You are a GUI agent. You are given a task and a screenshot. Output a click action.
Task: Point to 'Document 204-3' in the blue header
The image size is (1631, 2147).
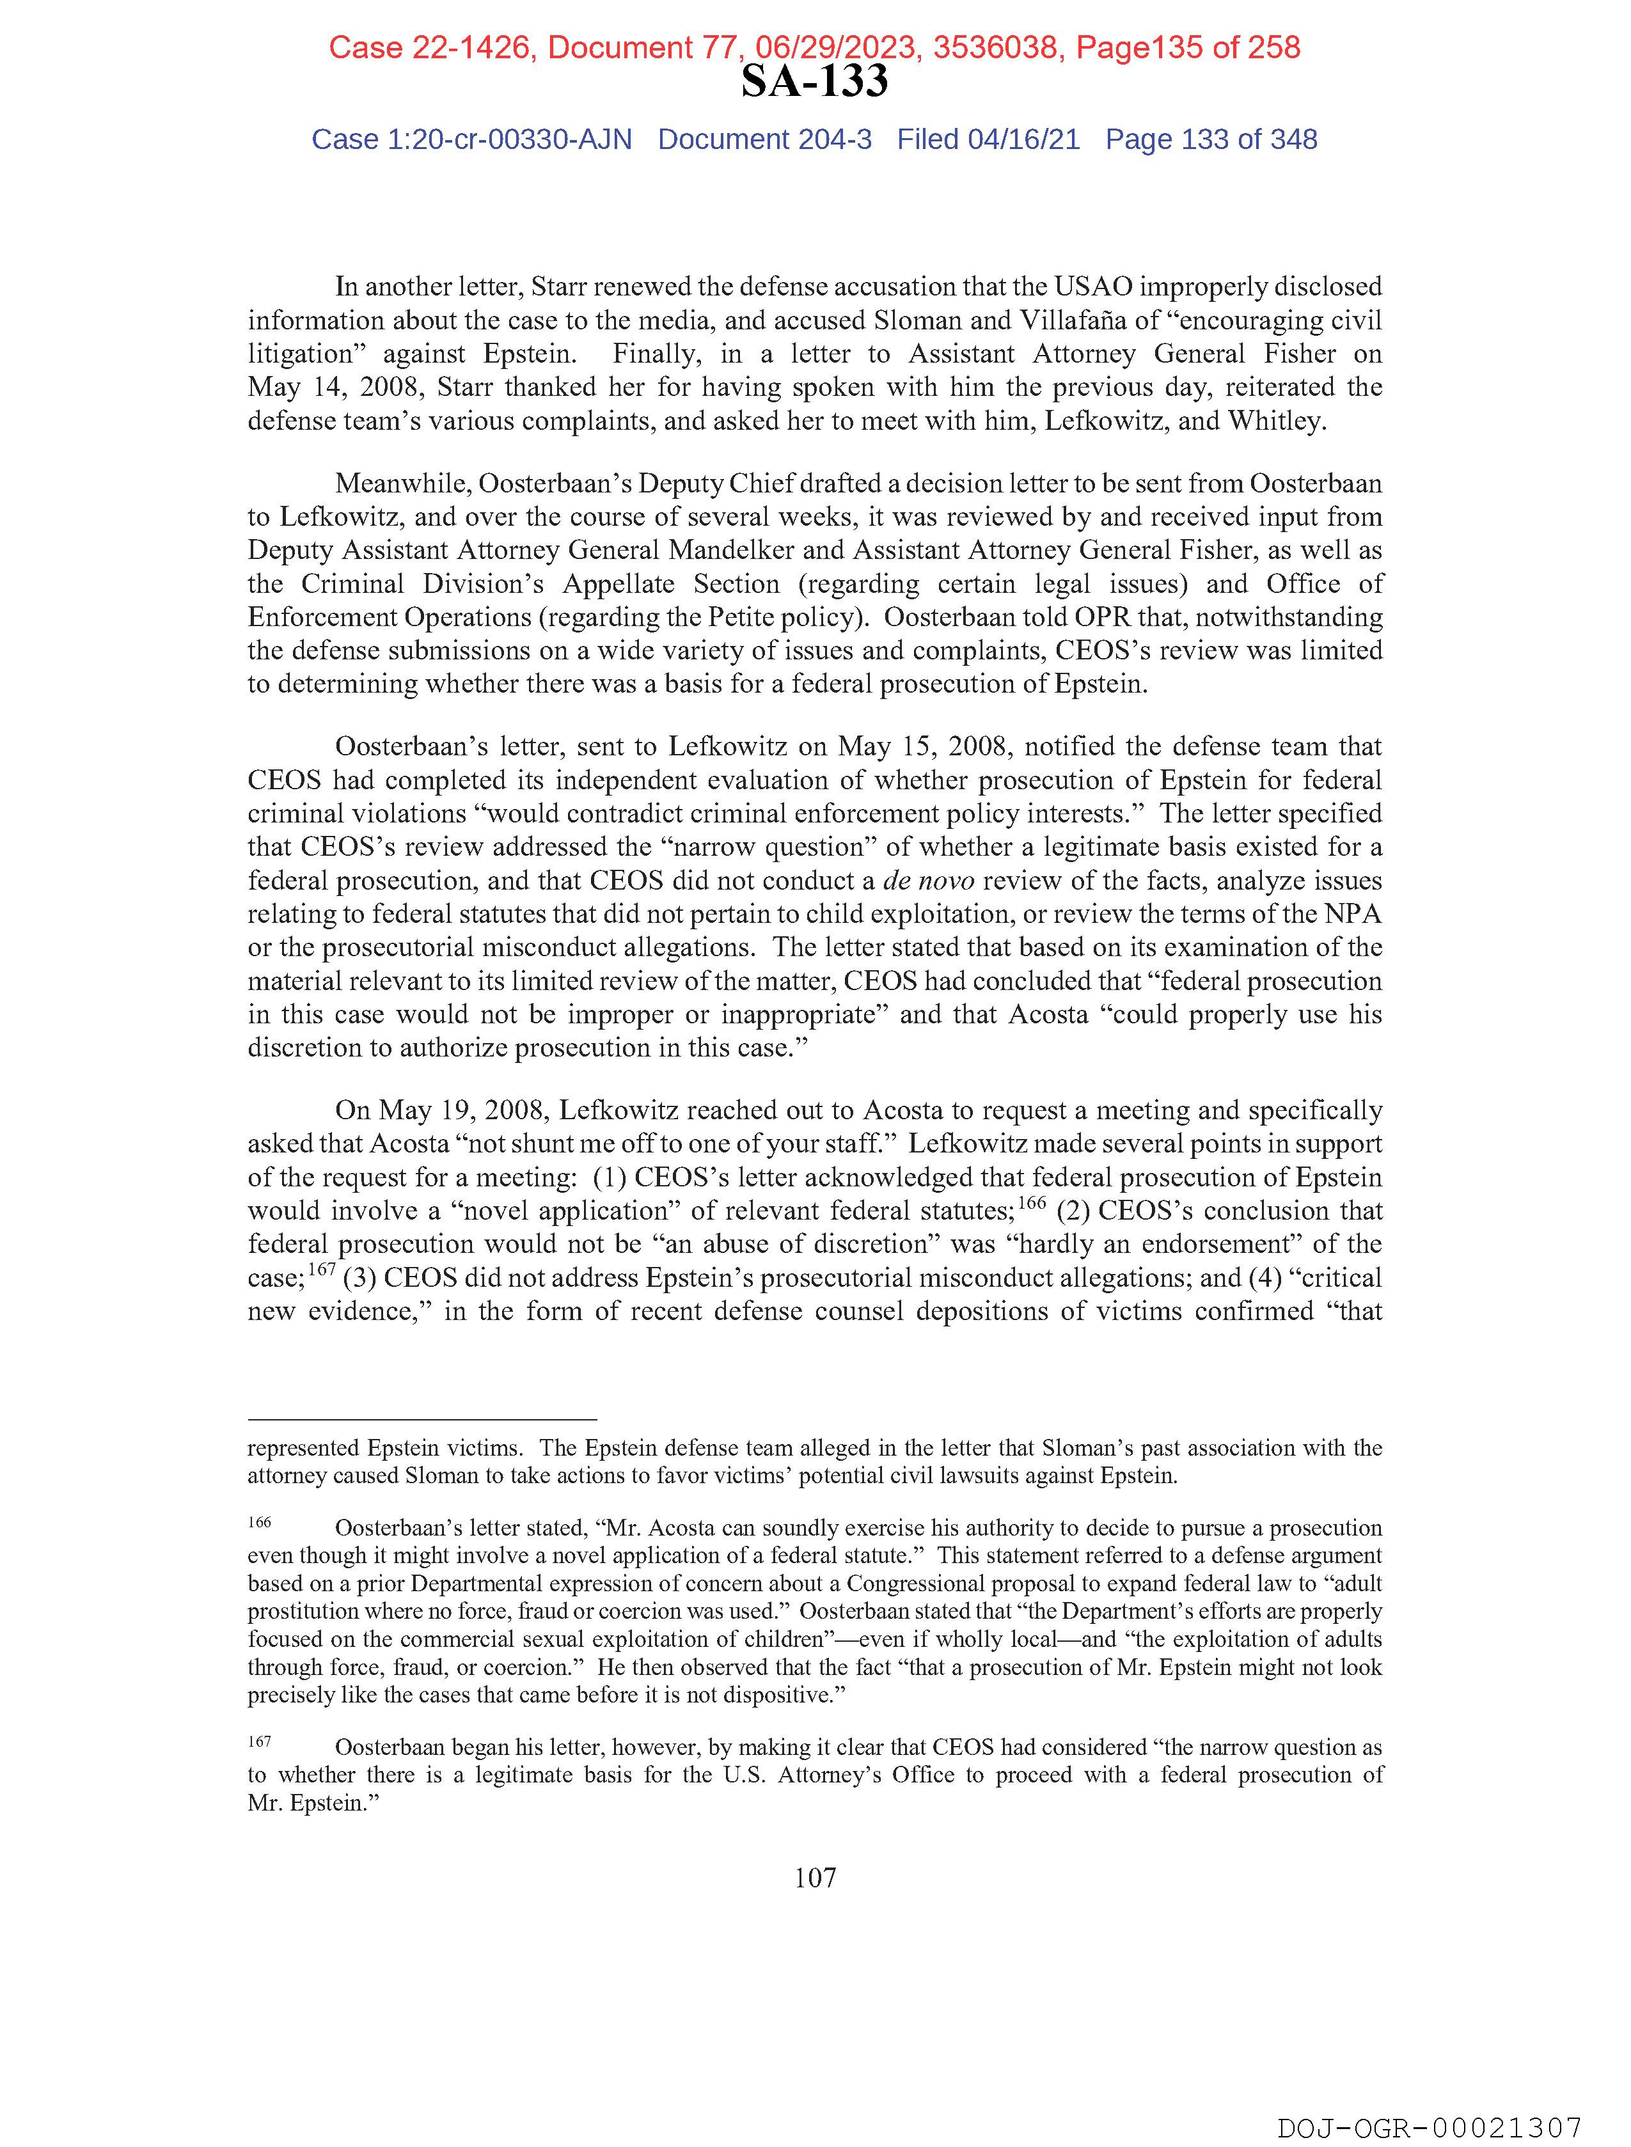click(x=764, y=140)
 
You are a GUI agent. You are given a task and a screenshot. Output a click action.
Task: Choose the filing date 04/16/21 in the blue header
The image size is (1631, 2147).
click(x=1023, y=140)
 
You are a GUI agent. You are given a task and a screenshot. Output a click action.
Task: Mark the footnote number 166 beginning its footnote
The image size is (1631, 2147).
click(x=259, y=1522)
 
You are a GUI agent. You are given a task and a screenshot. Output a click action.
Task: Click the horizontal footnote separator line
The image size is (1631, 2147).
click(x=422, y=1419)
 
